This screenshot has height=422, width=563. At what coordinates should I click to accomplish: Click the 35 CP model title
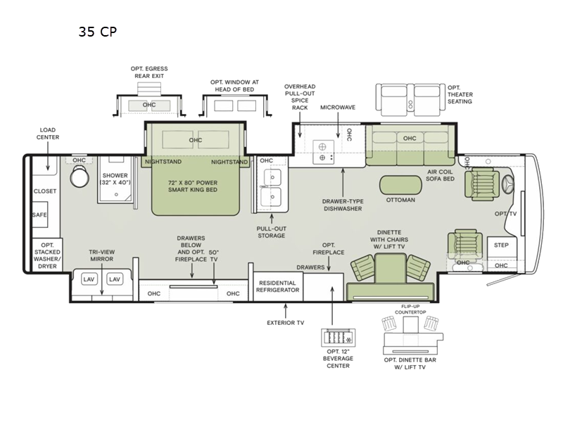(x=98, y=32)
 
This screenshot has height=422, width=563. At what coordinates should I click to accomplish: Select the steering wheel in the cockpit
(x=507, y=186)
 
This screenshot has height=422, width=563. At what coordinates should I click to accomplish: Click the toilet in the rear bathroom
(x=80, y=177)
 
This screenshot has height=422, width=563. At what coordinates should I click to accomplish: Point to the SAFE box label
(x=39, y=215)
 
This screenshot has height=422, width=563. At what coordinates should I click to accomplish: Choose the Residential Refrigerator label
(x=277, y=286)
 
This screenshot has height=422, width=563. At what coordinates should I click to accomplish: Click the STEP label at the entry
(x=501, y=245)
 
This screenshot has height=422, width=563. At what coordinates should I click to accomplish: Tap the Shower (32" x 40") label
(x=115, y=179)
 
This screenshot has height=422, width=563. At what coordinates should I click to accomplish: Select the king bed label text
(x=193, y=186)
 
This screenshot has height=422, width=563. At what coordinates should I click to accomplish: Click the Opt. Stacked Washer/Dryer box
(x=47, y=255)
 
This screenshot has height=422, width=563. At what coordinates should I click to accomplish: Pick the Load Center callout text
(x=48, y=134)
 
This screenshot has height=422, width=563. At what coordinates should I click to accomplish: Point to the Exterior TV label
(x=286, y=323)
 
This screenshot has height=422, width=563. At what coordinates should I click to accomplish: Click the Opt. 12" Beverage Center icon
(x=339, y=338)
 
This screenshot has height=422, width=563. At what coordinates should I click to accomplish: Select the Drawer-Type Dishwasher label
(x=343, y=205)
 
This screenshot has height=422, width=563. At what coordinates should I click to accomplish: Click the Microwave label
(x=338, y=108)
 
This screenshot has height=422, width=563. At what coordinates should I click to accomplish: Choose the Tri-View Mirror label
(x=102, y=255)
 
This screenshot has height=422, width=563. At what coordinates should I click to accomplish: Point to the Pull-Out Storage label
(x=272, y=232)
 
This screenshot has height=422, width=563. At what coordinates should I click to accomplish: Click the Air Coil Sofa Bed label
(x=441, y=175)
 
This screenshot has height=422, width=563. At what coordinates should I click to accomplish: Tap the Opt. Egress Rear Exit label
(x=149, y=72)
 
